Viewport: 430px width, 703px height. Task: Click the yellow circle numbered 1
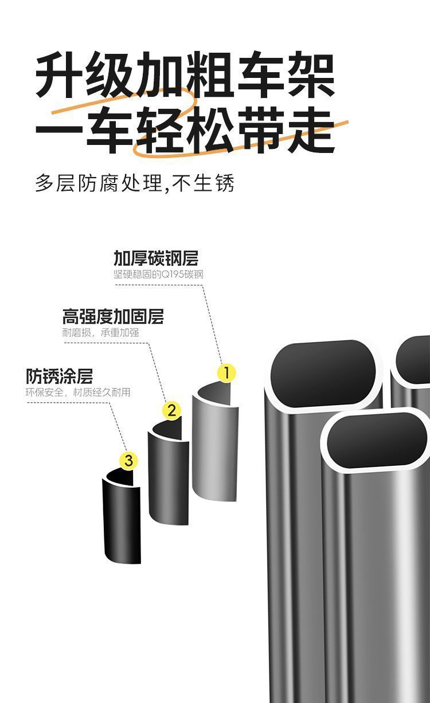(x=226, y=373)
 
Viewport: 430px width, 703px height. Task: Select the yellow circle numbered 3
(x=128, y=460)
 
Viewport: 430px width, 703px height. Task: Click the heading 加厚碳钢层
(x=156, y=258)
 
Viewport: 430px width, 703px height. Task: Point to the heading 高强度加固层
(x=113, y=316)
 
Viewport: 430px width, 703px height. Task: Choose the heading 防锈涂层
(x=59, y=376)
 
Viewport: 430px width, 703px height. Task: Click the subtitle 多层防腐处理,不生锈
(x=135, y=183)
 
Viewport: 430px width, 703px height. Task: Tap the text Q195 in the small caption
(x=170, y=274)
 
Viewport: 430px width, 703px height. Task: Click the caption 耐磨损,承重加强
(x=100, y=333)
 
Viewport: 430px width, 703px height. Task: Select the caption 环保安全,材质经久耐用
(x=78, y=392)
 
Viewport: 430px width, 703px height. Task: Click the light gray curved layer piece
(x=215, y=447)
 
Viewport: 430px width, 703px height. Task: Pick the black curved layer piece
(x=122, y=519)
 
